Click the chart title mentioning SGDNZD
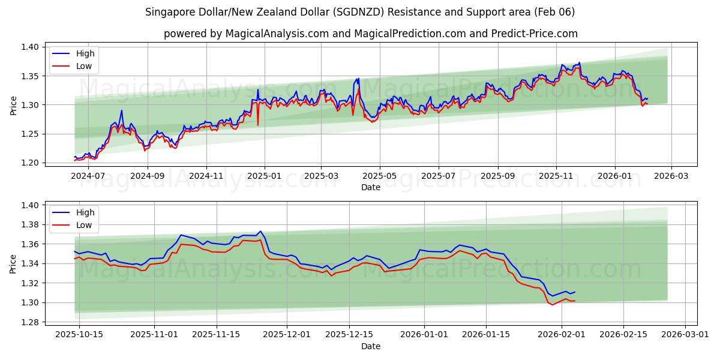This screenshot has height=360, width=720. [360, 12]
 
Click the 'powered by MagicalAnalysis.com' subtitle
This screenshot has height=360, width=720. [371, 34]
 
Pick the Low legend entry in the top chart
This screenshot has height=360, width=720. [84, 66]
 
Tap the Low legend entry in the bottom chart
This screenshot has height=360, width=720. [84, 225]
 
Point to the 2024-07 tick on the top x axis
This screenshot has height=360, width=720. [89, 176]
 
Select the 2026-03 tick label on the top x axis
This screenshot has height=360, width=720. [671, 176]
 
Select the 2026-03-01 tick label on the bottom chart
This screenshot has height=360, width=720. [685, 335]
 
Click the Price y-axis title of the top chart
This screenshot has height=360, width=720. [13, 105]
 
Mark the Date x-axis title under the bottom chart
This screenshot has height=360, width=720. [371, 346]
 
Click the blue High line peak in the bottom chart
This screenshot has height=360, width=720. [260, 231]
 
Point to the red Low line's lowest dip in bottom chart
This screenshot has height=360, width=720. [553, 305]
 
